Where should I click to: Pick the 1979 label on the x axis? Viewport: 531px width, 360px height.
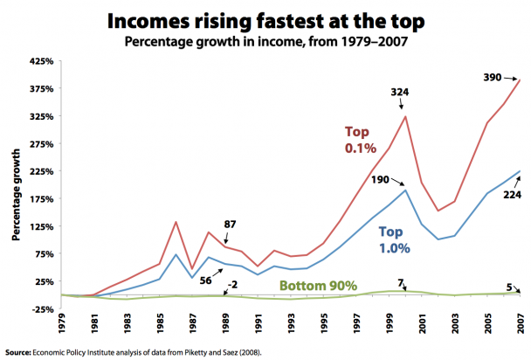pos(60,321)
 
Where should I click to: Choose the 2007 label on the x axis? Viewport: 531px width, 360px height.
pos(522,321)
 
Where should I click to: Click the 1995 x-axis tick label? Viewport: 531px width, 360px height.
pos(324,321)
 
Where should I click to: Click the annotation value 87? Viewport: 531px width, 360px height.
pos(229,225)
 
